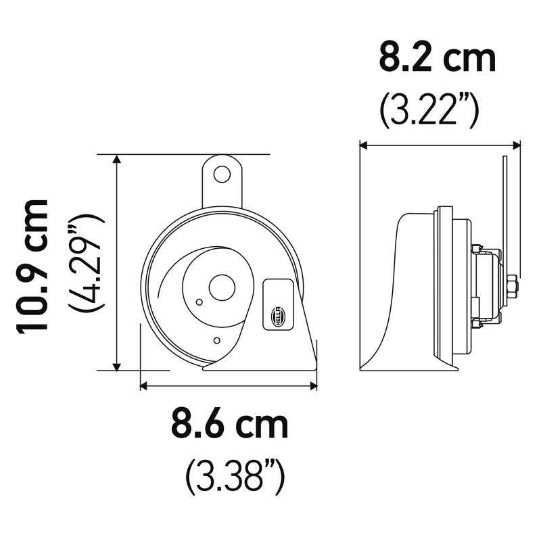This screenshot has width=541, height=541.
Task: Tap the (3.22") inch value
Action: pyautogui.click(x=429, y=110)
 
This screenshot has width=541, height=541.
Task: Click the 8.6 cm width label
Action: pyautogui.click(x=229, y=425)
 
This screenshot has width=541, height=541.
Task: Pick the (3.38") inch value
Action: pyautogui.click(x=235, y=477)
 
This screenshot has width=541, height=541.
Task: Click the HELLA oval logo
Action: pyautogui.click(x=278, y=316)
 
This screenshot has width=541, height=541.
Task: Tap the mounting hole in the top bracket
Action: pyautogui.click(x=222, y=174)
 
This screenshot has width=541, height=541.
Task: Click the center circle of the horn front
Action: pyautogui.click(x=222, y=287)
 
